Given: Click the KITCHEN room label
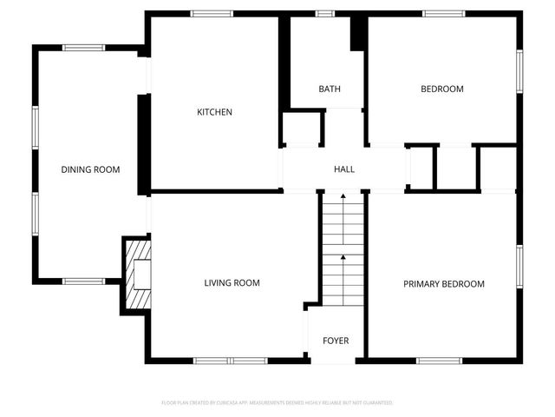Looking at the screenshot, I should pyautogui.click(x=214, y=112).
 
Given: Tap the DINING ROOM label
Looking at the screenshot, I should pyautogui.click(x=90, y=169).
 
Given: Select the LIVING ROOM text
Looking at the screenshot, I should pyautogui.click(x=232, y=282).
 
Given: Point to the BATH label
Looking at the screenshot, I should pyautogui.click(x=329, y=89).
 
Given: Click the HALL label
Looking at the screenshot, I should pyautogui.click(x=344, y=169).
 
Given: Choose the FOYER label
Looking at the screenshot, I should pyautogui.click(x=336, y=341).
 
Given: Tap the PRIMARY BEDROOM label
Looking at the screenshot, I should pyautogui.click(x=443, y=284).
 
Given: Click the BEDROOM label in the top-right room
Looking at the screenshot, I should pyautogui.click(x=442, y=89).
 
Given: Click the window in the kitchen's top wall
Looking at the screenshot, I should pyautogui.click(x=212, y=13).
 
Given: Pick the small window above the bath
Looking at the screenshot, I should pyautogui.click(x=325, y=13).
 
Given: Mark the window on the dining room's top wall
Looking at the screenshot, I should pyautogui.click(x=84, y=48).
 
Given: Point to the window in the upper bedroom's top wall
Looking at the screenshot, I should pyautogui.click(x=442, y=13).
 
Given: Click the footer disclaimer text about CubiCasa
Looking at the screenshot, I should pyautogui.click(x=277, y=403).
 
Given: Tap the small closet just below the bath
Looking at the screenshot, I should pyautogui.click(x=302, y=128).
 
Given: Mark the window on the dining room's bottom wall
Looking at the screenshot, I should pyautogui.click(x=84, y=280).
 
